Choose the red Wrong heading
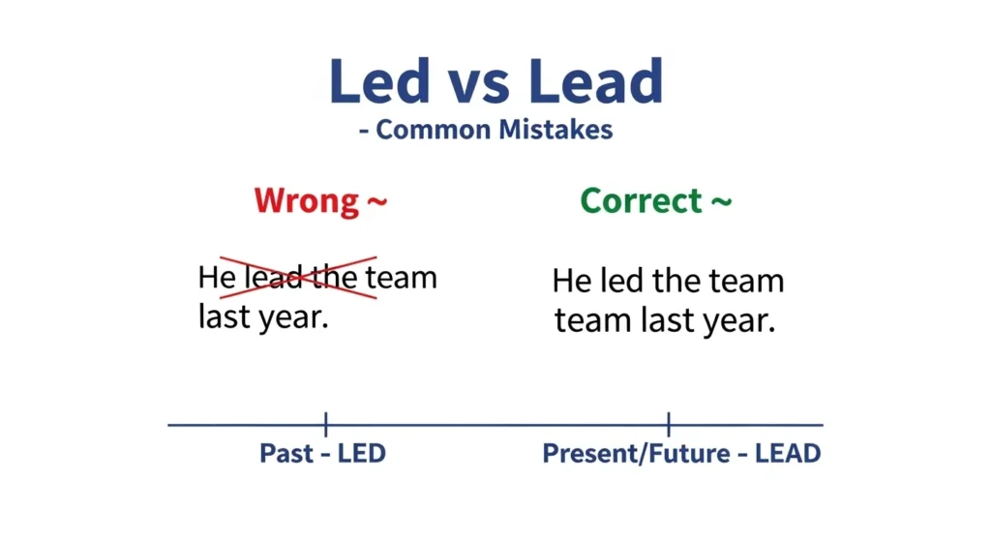pos(306,201)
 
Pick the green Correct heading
pos(641,201)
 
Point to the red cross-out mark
pos(299,277)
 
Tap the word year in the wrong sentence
pos(293,317)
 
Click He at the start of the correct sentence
pos(572,283)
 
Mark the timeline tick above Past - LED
pos(326,424)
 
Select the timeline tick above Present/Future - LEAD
pos(669,424)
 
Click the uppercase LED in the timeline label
pos(361,453)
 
